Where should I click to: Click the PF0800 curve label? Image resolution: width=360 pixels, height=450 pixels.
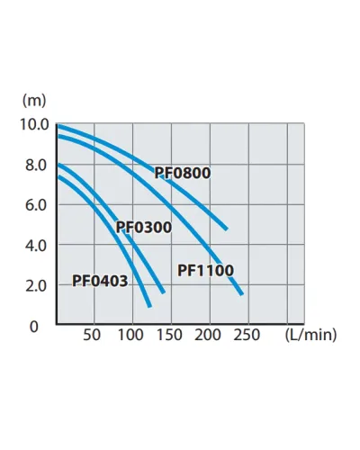tap(183, 173)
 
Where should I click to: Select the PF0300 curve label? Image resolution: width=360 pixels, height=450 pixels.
tap(144, 227)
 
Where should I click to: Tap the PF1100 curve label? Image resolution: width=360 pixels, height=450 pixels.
tap(205, 270)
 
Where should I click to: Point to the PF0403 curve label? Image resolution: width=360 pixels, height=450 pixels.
tap(100, 281)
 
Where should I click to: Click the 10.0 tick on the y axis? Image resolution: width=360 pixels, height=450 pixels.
tap(34, 124)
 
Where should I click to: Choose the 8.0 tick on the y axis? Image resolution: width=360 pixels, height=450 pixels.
tap(36, 166)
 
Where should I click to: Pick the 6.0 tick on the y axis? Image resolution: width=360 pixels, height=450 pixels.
tap(36, 205)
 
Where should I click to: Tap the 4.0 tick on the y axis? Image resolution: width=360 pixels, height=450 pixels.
tap(36, 246)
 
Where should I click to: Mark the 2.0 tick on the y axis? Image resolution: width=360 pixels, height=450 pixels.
tap(36, 286)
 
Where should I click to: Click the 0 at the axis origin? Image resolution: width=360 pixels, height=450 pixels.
tap(34, 327)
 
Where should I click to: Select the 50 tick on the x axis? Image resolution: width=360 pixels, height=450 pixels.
tap(92, 335)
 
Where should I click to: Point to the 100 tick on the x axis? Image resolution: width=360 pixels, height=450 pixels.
tap(130, 335)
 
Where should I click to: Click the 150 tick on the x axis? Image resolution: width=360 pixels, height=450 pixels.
tap(169, 335)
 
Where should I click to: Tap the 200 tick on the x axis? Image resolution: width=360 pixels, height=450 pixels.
tap(208, 335)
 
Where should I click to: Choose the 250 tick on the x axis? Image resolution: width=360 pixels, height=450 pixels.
tap(247, 335)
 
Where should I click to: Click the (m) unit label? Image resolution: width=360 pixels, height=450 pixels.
tap(34, 101)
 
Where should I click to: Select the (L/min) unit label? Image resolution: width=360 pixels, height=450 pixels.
tap(310, 335)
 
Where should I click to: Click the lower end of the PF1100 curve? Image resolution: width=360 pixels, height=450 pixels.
tap(242, 294)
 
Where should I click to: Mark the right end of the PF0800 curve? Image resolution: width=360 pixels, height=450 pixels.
tap(227, 229)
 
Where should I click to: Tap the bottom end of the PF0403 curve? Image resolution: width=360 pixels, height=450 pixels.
tap(149, 306)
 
